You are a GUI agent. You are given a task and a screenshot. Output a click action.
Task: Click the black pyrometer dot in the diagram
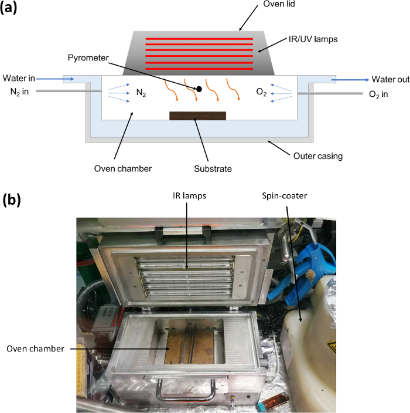(x=199, y=89)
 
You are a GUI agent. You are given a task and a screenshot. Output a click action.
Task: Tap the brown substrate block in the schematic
(x=197, y=116)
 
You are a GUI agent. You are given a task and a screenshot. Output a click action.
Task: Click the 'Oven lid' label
(x=279, y=4)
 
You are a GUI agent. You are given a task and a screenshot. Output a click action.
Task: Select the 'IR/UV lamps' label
(x=313, y=39)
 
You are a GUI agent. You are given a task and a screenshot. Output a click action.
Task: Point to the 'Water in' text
(x=19, y=78)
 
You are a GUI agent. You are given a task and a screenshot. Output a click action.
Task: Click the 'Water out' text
(x=391, y=79)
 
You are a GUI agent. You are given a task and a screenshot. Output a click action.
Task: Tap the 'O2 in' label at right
(x=378, y=94)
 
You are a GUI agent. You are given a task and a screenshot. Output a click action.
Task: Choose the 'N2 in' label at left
(x=19, y=92)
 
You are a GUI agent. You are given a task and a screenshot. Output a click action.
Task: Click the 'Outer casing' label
(x=318, y=156)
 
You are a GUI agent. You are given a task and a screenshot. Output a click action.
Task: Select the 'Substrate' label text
(x=213, y=168)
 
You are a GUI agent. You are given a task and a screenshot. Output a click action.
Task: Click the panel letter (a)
(x=8, y=8)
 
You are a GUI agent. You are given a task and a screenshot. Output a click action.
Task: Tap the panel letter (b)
(x=11, y=200)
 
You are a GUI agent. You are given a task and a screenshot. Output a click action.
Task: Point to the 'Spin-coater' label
(x=284, y=196)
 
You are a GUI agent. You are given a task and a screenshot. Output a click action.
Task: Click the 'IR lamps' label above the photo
(x=189, y=196)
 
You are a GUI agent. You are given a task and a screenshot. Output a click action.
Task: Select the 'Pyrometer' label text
(x=88, y=58)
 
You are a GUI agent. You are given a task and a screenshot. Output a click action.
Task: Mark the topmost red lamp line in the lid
(x=199, y=39)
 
